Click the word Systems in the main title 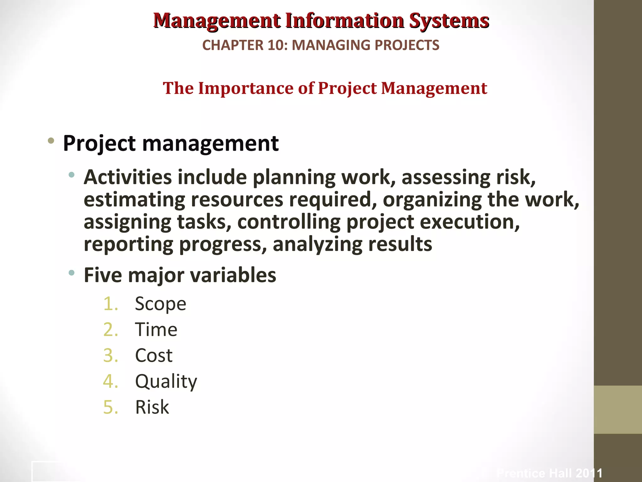coord(449,21)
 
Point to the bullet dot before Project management coord(51,141)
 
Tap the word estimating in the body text coord(134,200)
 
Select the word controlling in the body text coord(289,222)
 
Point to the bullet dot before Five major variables coord(72,273)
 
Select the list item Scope coord(160,304)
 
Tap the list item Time coord(156,330)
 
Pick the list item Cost coord(154,356)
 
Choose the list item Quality coord(166,382)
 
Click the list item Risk coord(152,407)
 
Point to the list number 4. coord(110,382)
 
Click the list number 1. coord(110,304)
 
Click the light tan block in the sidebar coord(618,410)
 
